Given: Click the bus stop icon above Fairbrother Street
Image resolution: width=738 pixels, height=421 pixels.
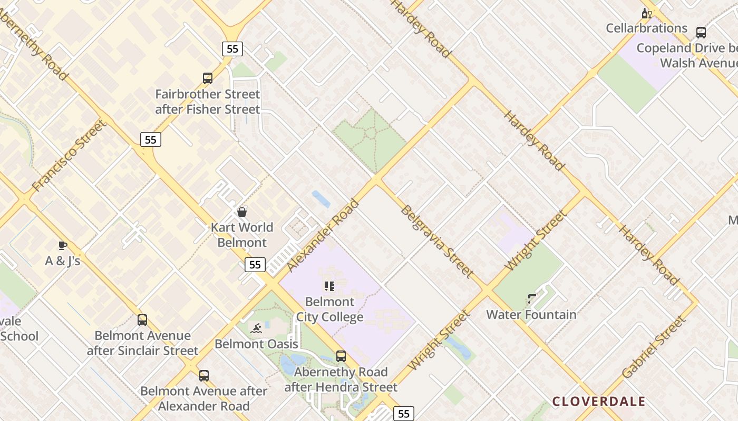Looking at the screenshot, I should coord(208,78).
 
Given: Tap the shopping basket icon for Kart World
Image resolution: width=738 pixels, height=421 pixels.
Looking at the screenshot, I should coord(242,212).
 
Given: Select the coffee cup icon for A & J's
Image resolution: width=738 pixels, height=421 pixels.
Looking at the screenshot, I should coord(63,245).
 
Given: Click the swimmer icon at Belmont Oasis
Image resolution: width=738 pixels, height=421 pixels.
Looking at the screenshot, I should coord(256,328).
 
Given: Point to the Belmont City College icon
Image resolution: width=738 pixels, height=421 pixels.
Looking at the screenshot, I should coord(329,286).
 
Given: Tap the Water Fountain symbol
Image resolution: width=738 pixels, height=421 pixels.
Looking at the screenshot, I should coord(532,299).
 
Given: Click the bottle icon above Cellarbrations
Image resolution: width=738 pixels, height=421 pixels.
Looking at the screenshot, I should coord(646,13).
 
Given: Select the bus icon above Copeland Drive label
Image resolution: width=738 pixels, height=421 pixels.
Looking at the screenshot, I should coord(701,33).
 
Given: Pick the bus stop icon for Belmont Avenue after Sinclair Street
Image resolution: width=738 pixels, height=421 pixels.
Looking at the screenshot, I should coord(142,320).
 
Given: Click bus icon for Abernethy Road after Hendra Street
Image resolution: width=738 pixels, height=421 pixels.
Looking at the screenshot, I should coord(341,356).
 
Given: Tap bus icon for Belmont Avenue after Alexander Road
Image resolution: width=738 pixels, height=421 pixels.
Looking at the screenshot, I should coord(204,376).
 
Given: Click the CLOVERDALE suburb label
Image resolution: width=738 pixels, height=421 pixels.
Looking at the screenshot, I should coord(599,402).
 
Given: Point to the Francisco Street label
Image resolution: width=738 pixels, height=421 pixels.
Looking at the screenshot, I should coord(69,156).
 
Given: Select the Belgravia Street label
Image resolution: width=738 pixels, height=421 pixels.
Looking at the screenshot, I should coord(437,242).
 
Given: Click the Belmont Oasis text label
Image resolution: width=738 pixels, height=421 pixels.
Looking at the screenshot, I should coord(256,344).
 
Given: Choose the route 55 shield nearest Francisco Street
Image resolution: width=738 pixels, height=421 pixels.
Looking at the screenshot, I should coord(151,139).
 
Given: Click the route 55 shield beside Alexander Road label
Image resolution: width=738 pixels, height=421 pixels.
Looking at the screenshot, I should coord(255,265).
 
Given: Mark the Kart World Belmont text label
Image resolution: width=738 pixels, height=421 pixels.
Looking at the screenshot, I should coord(242,235).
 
